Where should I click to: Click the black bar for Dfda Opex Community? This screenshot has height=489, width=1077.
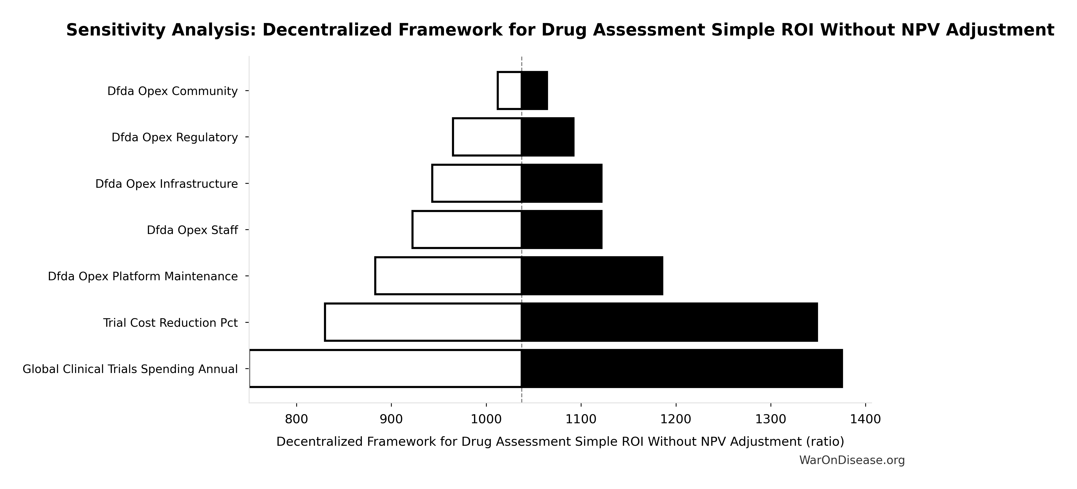(534, 91)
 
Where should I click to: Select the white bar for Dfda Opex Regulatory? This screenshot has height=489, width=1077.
(487, 137)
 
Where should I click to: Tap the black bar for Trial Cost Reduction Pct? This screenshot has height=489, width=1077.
(669, 322)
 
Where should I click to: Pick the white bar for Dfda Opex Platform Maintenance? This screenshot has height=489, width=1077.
(448, 276)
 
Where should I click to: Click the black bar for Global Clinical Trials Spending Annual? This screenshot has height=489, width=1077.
(681, 369)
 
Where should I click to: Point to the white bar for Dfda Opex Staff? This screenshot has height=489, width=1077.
(466, 229)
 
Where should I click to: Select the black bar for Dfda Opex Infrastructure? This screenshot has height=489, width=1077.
(561, 183)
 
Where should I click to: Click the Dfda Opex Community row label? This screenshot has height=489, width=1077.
(172, 91)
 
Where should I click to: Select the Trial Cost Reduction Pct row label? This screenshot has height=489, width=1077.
(170, 323)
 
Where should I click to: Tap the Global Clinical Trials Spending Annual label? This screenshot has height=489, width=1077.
(130, 369)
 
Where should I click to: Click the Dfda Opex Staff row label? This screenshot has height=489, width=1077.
(192, 230)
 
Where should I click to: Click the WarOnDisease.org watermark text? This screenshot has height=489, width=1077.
(852, 460)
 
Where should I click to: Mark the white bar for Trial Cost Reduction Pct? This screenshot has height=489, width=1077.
(423, 322)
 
